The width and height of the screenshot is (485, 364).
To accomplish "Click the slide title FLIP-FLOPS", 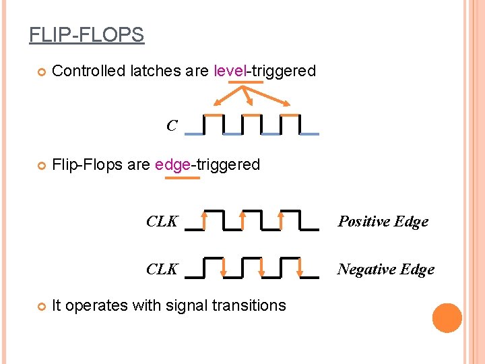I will click(86, 34).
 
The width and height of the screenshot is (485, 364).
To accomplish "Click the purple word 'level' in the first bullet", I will click(228, 71).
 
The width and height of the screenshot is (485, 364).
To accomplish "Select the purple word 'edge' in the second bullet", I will click(173, 165).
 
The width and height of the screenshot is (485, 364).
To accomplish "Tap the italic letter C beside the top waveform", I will click(172, 126).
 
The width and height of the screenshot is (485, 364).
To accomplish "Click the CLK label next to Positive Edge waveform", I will click(162, 221).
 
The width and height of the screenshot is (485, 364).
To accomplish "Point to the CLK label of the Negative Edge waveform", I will click(162, 269).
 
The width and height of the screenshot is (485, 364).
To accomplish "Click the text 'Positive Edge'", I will click(383, 222).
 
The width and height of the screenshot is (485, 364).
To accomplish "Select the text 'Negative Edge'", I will click(385, 270).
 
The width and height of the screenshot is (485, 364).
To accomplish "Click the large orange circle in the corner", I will click(447, 318).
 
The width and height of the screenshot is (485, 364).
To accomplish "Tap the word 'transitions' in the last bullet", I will click(249, 305).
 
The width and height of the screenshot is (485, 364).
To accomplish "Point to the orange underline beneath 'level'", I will click(246, 82).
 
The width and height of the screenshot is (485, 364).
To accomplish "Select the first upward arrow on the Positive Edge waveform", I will click(203, 219).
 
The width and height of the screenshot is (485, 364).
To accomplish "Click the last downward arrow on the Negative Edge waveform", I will click(300, 268).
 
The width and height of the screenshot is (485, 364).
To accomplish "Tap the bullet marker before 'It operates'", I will click(40, 306).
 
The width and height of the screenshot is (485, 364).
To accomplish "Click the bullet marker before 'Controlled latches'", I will click(40, 71).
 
